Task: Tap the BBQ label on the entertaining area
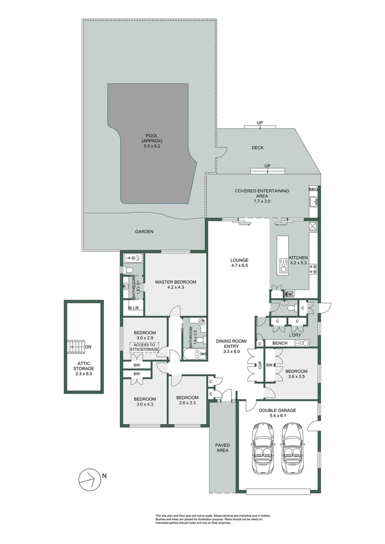313,190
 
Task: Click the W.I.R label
134,308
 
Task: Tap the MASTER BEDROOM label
175,282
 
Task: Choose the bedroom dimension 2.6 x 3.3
188,403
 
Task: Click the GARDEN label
144,232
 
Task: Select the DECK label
258,148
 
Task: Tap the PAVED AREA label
222,448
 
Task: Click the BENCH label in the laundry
280,343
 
